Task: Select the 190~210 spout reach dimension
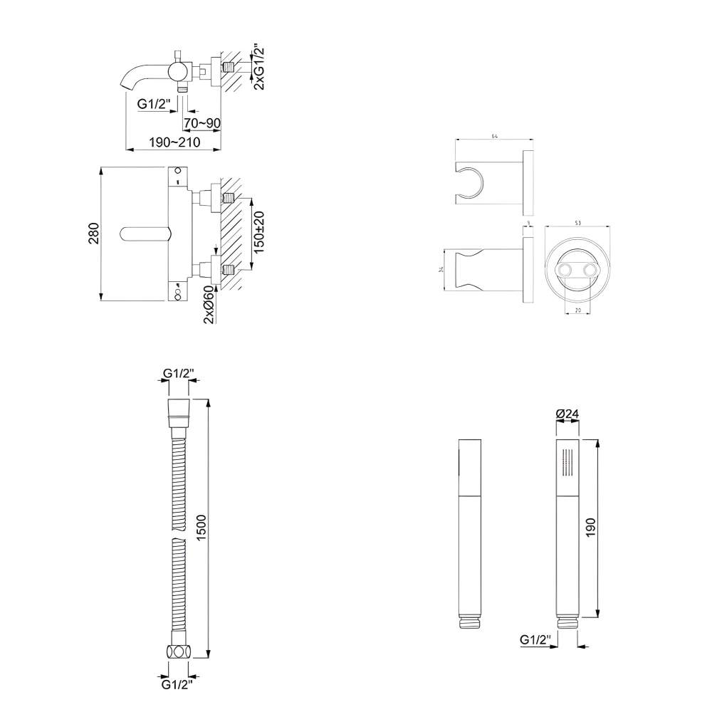pos(174,142)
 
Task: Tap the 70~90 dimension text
pos(201,123)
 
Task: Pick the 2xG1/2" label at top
pos(260,66)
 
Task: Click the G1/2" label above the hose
pos(179,373)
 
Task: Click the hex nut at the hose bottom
pos(179,651)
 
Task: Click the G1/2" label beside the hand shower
pos(535,641)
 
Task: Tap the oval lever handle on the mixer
pos(145,234)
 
